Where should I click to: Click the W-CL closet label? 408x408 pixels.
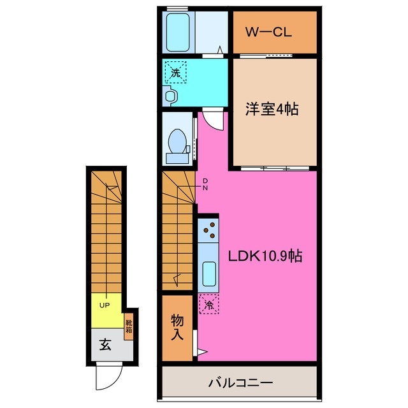(x=274, y=32)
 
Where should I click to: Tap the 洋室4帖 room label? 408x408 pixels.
(x=272, y=109)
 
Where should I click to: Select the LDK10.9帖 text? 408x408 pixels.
(x=265, y=256)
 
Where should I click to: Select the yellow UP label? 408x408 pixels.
(x=105, y=305)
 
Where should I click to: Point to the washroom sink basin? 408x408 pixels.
(x=170, y=96)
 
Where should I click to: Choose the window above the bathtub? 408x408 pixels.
(x=177, y=8)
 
